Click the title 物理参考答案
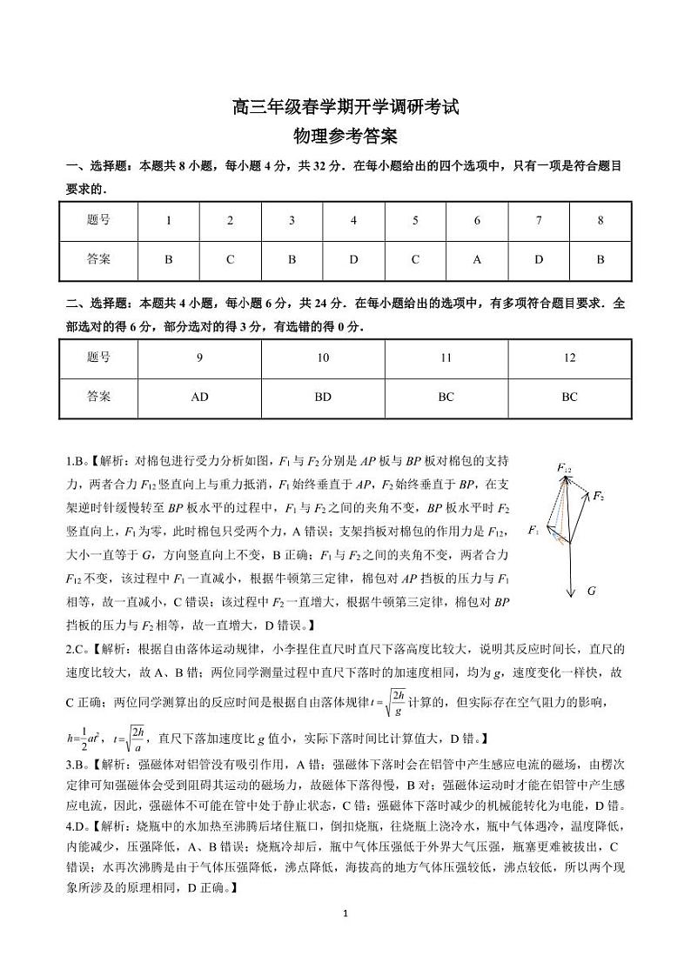tap(345, 137)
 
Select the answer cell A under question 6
tap(477, 259)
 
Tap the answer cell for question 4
tap(353, 259)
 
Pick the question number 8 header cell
tap(600, 220)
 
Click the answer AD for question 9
tap(199, 397)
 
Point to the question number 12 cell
tap(569, 358)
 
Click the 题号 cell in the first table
tap(99, 220)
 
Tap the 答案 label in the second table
tap(99, 397)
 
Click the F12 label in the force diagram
tap(564, 468)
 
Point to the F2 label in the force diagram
tap(599, 496)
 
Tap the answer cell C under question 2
tap(230, 259)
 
